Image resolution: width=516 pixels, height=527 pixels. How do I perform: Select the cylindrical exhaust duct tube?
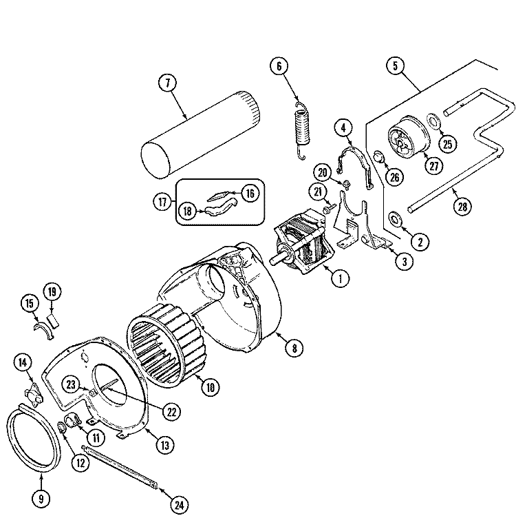[200, 134]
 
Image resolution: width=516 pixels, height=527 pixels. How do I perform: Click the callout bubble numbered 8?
[294, 349]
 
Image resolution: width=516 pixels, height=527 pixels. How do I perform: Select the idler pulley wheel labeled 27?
[407, 138]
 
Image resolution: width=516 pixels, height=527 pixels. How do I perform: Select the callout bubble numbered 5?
[394, 67]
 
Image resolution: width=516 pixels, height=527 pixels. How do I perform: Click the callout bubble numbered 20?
[324, 172]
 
